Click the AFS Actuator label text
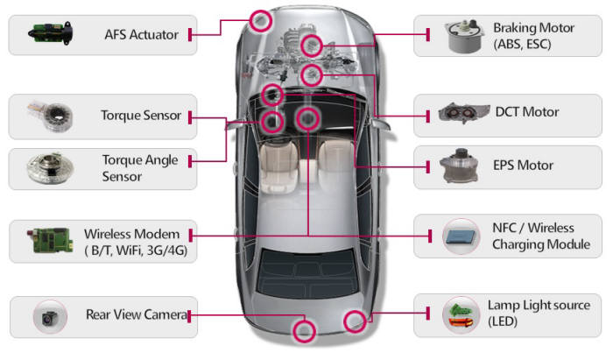141,35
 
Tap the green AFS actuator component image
46,34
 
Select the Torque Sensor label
141,116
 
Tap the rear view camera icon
46,316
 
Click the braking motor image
462,35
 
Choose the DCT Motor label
526,112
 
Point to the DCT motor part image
462,113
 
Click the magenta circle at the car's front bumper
261,19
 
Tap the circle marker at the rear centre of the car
304,330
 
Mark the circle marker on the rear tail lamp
354,321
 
